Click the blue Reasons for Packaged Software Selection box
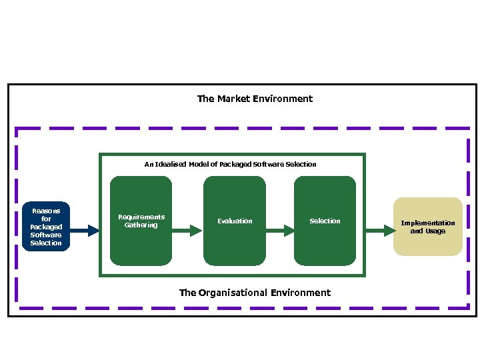pyautogui.click(x=46, y=227)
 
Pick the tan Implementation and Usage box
pyautogui.click(x=427, y=227)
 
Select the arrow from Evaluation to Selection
pyautogui.click(x=280, y=231)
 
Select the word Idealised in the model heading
pyautogui.click(x=170, y=164)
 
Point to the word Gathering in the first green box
pyautogui.click(x=141, y=225)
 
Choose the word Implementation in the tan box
pyautogui.click(x=428, y=223)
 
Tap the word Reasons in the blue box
pyautogui.click(x=46, y=211)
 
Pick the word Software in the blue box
pyautogui.click(x=46, y=235)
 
